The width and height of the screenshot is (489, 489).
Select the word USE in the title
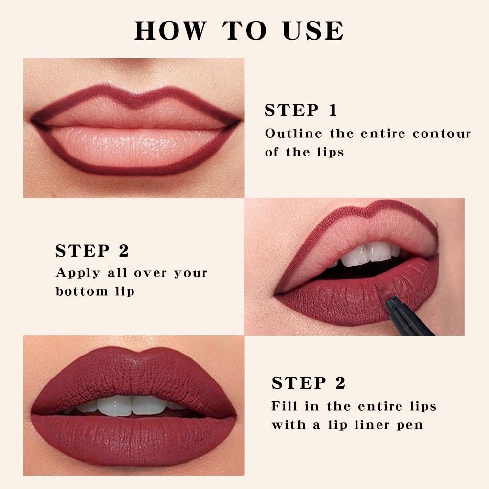coord(313,30)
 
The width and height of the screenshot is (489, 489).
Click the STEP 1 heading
coord(301,111)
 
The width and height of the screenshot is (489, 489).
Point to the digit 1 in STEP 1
coord(333,111)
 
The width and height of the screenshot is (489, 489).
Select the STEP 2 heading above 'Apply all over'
coord(92,251)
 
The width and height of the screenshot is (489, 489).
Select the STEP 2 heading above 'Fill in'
coord(309,383)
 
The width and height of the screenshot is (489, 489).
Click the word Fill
coord(284,406)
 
